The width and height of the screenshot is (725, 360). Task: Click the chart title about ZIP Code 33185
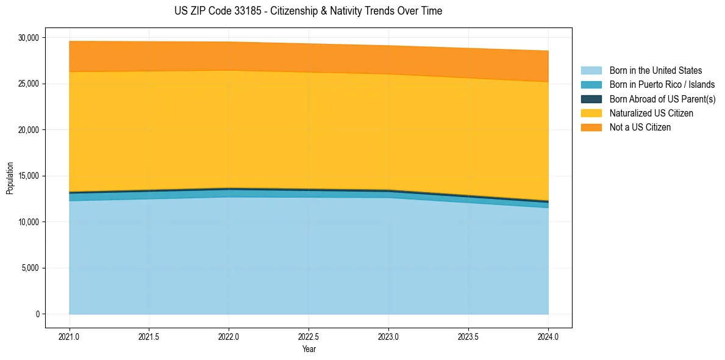tap(308, 11)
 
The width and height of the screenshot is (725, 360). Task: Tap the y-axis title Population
tap(10, 178)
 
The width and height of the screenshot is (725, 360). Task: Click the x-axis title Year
tap(309, 350)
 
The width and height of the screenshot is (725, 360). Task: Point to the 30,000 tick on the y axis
tap(28, 38)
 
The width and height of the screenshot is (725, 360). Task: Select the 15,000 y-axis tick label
tap(28, 176)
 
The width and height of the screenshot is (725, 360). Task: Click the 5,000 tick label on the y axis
tap(30, 268)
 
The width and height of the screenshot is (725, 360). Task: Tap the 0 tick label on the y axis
tap(37, 314)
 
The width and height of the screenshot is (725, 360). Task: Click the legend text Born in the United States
tap(655, 71)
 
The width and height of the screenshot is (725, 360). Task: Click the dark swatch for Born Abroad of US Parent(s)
tap(591, 99)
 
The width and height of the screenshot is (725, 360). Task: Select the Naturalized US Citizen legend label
tap(651, 113)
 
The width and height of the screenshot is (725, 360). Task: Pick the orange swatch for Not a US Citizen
tap(591, 128)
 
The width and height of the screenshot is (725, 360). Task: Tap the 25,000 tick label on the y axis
tap(28, 84)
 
